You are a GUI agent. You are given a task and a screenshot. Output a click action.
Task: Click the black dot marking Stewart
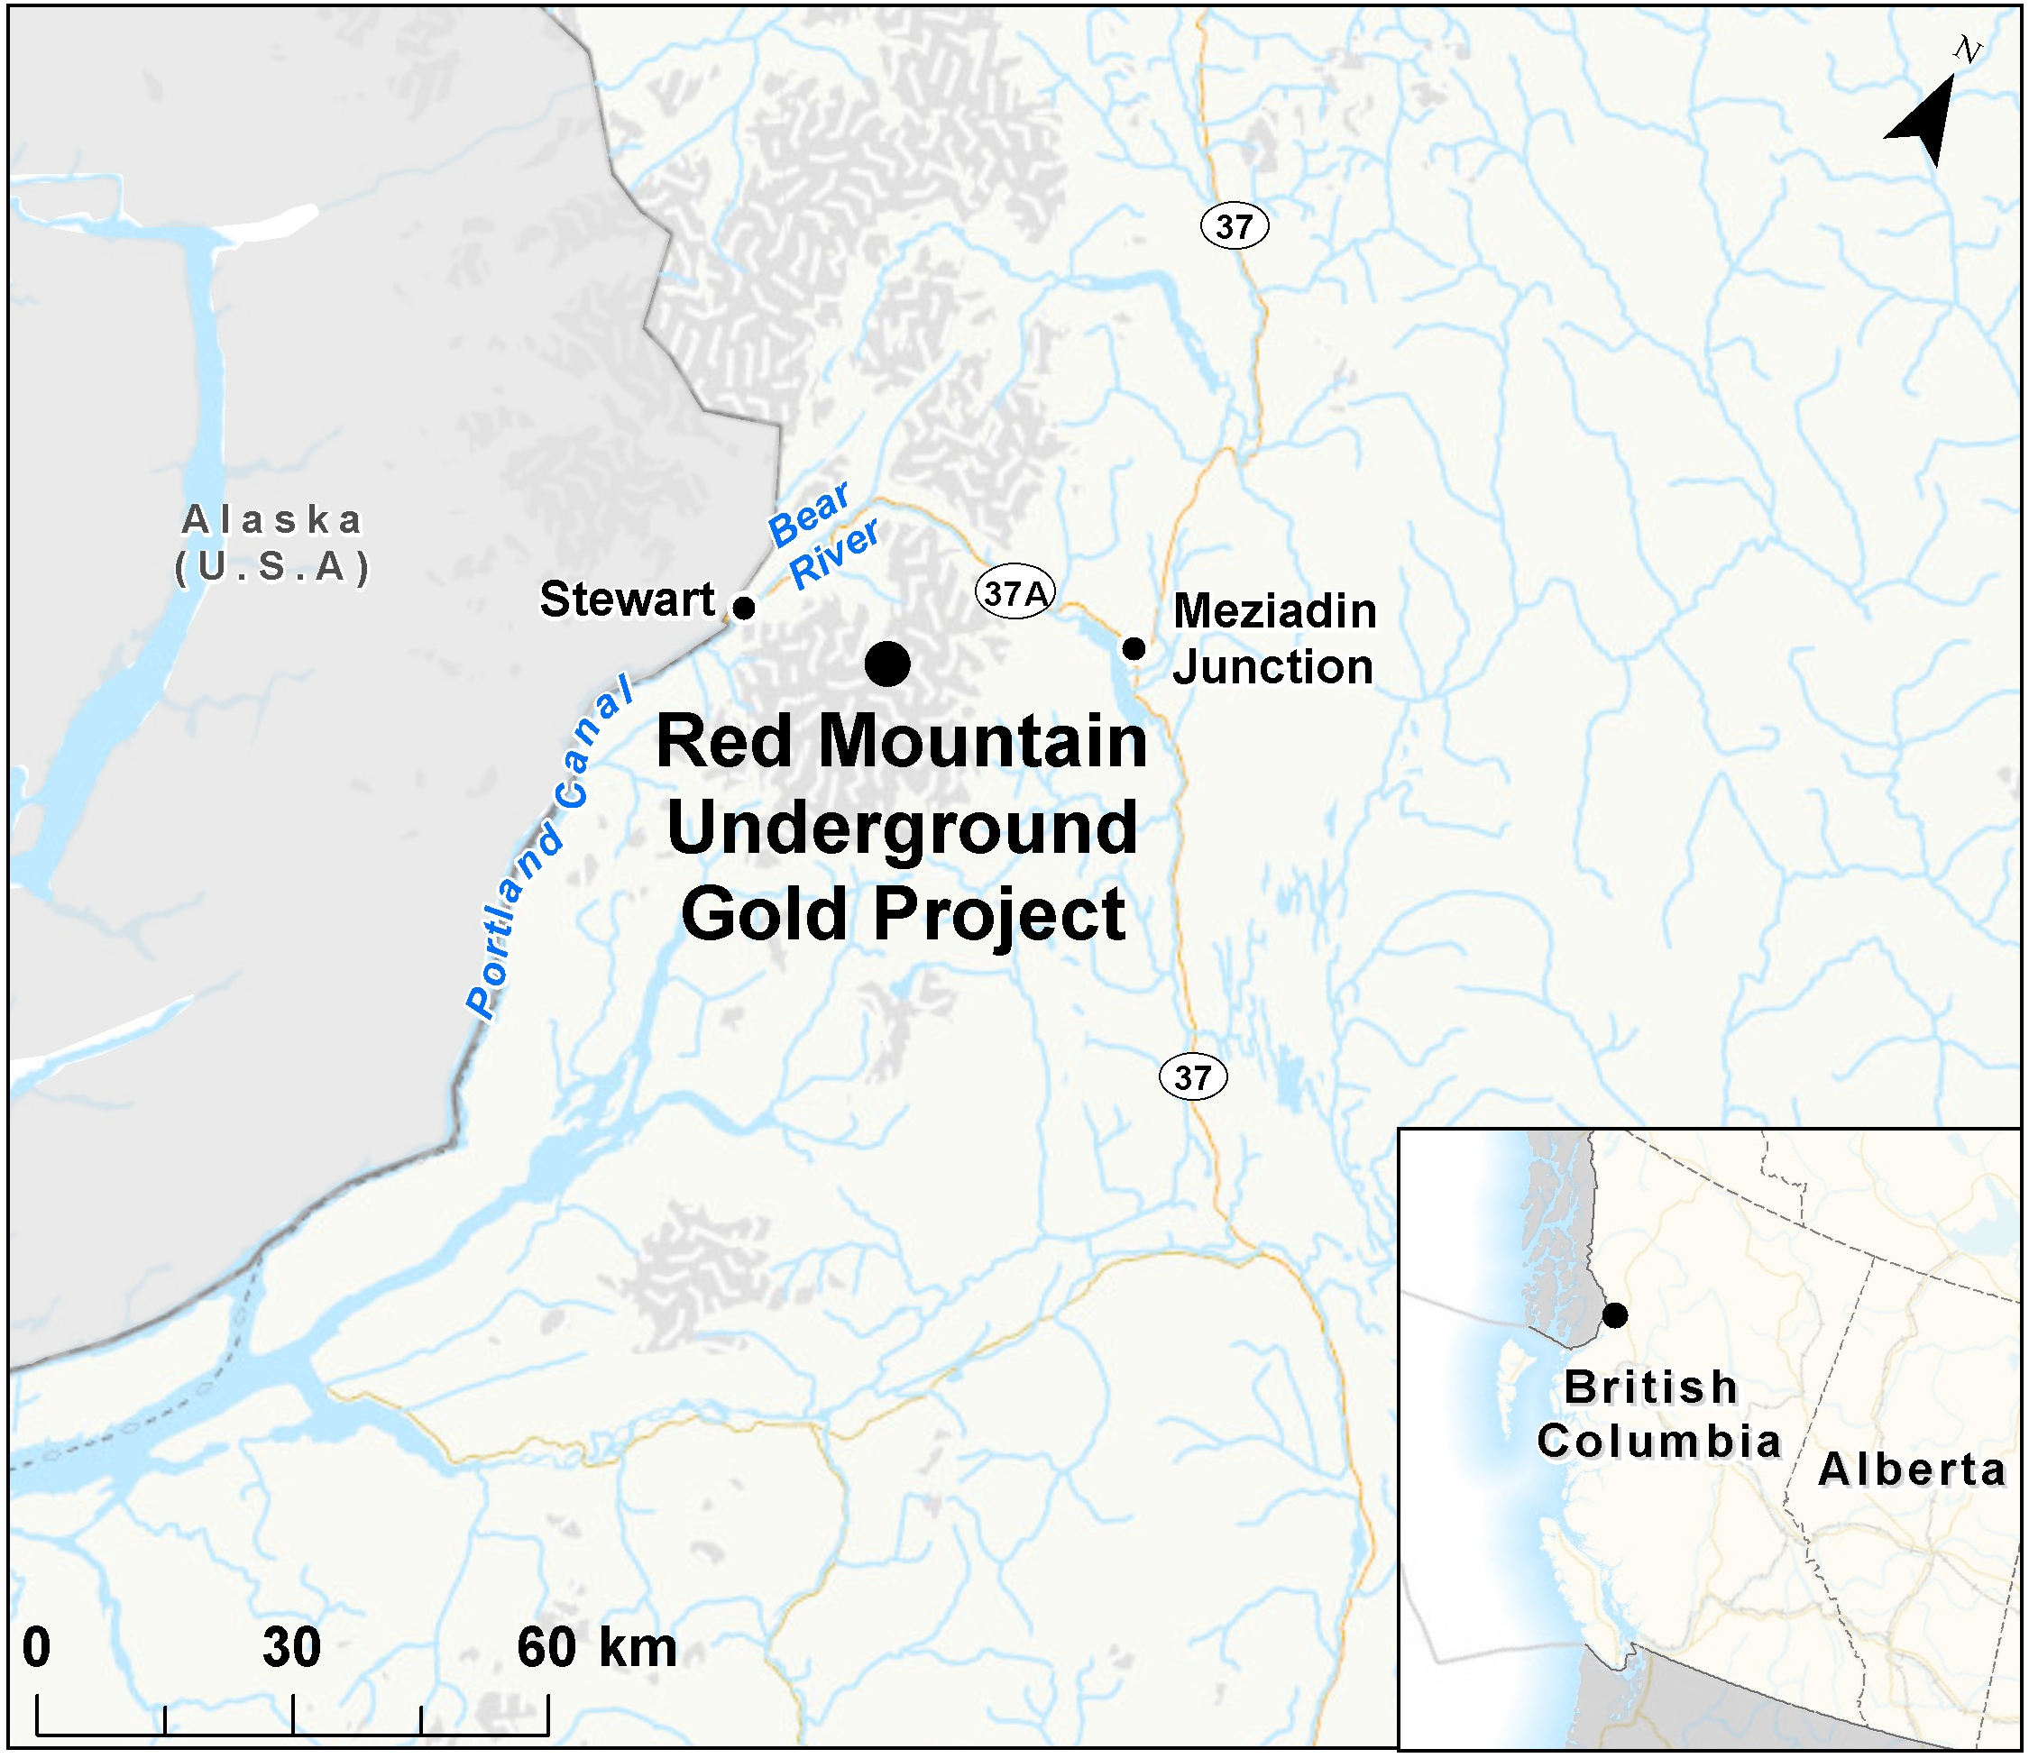(x=745, y=608)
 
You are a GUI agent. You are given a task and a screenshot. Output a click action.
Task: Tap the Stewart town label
(x=627, y=600)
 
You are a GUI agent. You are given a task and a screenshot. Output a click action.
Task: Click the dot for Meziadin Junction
(x=1134, y=648)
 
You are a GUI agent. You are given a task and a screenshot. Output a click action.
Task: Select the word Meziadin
(x=1274, y=611)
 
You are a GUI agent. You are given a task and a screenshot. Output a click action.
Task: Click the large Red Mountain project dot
(x=887, y=664)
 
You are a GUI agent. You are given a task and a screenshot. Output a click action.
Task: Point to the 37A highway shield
(x=1014, y=592)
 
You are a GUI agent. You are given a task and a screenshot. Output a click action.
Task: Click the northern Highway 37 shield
(x=1234, y=226)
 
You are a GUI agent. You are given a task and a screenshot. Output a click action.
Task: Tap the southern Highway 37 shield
(x=1192, y=1077)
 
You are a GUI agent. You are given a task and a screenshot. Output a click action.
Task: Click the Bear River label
(x=822, y=536)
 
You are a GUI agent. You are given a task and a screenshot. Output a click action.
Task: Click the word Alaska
(x=271, y=520)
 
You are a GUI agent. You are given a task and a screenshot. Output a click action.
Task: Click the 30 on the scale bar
(x=291, y=1647)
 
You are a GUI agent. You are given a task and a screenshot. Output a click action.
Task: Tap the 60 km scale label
(x=597, y=1647)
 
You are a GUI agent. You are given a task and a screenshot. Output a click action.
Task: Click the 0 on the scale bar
(x=36, y=1647)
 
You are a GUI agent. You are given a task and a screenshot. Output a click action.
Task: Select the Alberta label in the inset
(x=1911, y=1470)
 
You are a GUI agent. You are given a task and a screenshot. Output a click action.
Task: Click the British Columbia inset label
(x=1657, y=1414)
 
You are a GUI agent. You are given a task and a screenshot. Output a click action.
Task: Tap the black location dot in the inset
(x=1614, y=1315)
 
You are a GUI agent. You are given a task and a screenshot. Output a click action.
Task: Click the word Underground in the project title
(x=902, y=829)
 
